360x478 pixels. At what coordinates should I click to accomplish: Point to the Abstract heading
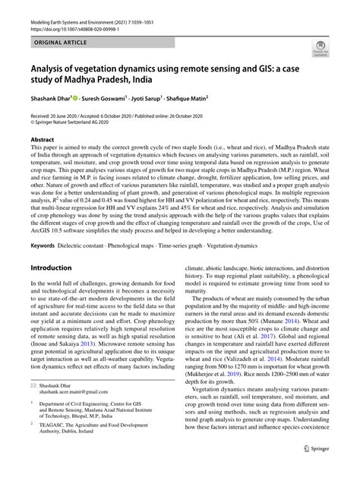pos(43,141)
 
